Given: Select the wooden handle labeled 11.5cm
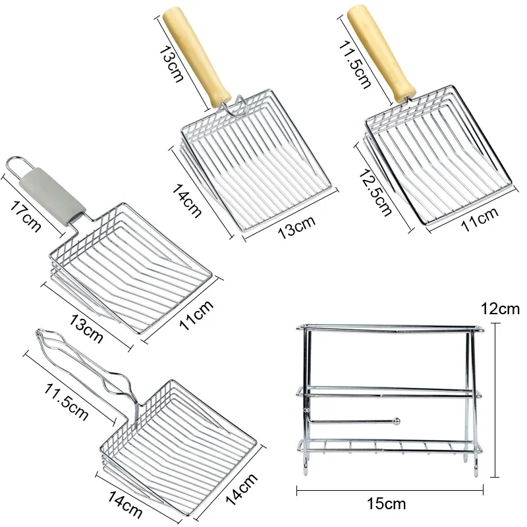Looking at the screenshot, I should point(384,53).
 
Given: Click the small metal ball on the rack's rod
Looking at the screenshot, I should point(395,420).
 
